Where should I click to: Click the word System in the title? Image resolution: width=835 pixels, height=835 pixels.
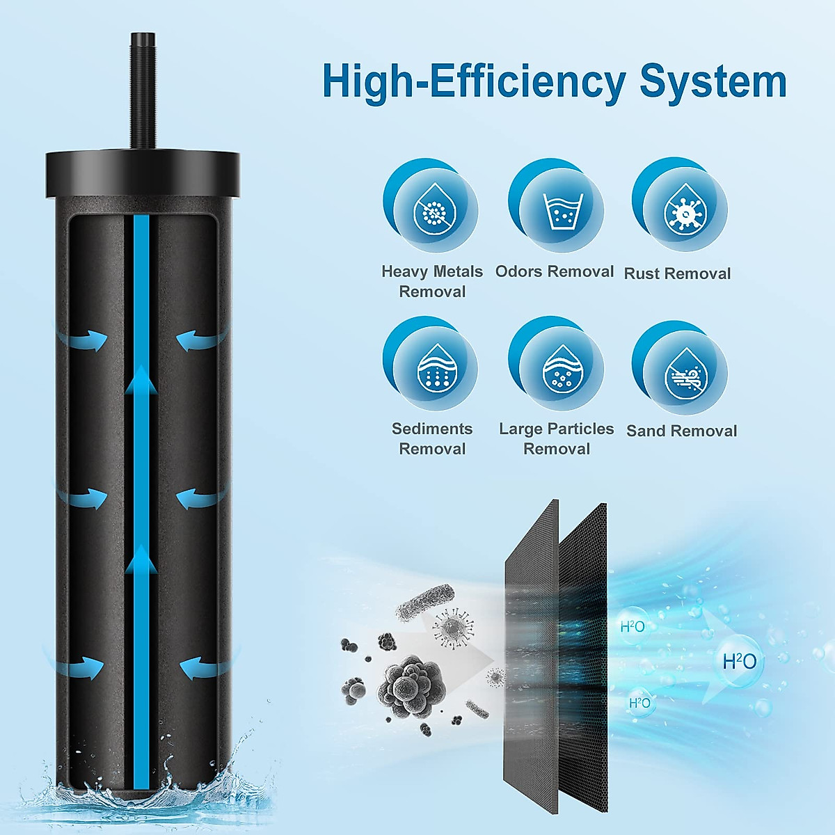(x=713, y=81)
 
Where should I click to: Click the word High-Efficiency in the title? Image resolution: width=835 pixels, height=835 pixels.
(x=474, y=83)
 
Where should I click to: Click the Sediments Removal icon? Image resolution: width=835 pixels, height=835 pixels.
(x=432, y=366)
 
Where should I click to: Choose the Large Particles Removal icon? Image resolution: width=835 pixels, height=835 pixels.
(x=557, y=366)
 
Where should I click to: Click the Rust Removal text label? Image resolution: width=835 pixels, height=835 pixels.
(x=677, y=273)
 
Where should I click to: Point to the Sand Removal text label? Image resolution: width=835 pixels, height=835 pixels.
(x=681, y=431)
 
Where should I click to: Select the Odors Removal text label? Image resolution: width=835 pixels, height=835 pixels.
(x=555, y=271)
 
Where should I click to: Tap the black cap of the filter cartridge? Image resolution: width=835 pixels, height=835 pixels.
(x=143, y=174)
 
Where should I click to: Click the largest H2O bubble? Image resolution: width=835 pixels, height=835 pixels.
(x=739, y=661)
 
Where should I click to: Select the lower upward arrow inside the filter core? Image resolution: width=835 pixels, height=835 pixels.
(x=141, y=560)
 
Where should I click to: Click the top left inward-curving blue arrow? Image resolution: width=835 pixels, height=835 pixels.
(x=83, y=340)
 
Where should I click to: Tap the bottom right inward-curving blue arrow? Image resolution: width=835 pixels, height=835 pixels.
(x=202, y=669)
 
